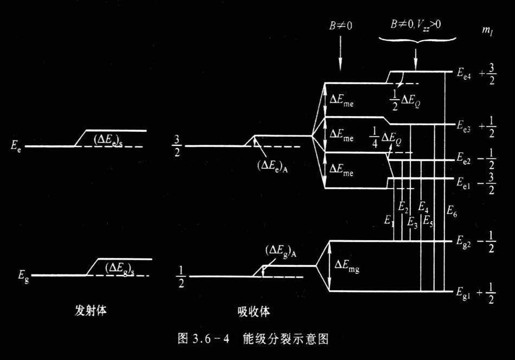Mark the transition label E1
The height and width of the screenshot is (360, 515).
tap(388, 220)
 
